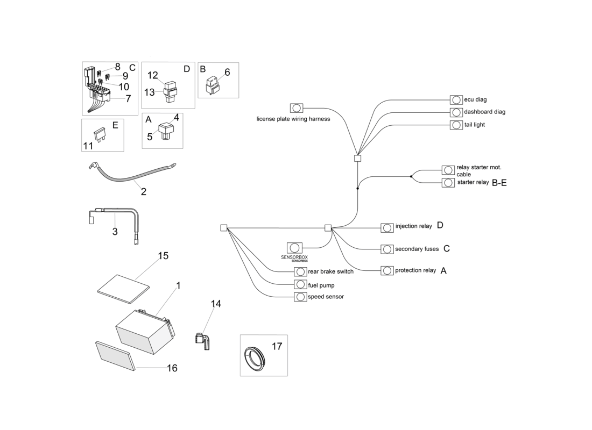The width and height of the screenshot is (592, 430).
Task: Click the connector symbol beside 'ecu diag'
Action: [456, 100]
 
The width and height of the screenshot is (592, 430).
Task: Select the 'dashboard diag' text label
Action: [484, 112]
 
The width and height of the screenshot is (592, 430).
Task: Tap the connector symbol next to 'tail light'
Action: [456, 125]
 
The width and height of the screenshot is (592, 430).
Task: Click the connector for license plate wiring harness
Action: [297, 108]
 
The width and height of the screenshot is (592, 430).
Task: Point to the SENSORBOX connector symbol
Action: [294, 248]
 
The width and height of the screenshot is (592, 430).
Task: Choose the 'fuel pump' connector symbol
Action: [300, 284]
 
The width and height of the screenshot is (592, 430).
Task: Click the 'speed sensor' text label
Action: [326, 297]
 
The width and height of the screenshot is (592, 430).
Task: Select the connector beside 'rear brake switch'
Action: [300, 272]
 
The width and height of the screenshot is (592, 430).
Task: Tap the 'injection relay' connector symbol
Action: [387, 227]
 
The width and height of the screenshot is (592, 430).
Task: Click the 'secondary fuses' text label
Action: [417, 249]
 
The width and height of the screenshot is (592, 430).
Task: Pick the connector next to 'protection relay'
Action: [387, 270]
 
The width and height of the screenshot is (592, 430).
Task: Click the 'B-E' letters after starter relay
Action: [499, 183]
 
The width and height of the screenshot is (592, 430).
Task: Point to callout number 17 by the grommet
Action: [277, 347]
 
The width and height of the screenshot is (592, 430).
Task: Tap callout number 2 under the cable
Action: [144, 191]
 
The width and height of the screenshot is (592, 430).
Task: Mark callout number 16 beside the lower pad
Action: [172, 368]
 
